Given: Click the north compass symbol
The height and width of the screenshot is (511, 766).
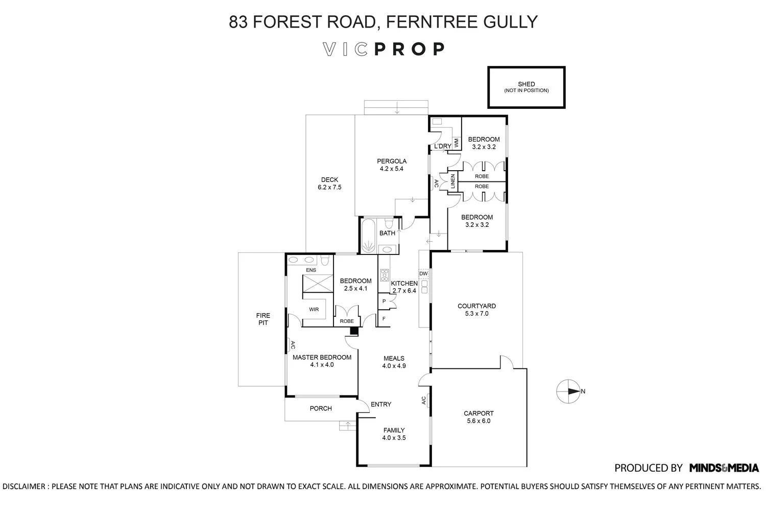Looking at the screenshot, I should [567, 391].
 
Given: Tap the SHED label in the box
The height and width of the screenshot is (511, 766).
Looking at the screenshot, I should [526, 84].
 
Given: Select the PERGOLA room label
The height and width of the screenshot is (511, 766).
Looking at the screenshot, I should [391, 161].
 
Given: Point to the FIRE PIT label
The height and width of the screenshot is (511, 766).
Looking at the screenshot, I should [263, 319].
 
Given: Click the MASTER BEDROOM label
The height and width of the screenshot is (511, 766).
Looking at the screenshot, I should [322, 358].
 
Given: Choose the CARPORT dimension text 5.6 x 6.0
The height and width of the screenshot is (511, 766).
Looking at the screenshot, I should [478, 421].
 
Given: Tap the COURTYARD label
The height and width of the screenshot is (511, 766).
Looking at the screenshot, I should [476, 307].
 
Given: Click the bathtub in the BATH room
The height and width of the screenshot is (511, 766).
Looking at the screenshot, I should [368, 236].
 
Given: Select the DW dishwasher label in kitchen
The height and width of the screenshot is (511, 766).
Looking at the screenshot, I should [423, 274].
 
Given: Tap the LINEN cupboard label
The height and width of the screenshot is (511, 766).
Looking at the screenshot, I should [452, 181].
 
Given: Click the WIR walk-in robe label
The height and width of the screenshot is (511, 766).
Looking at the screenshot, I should [314, 310].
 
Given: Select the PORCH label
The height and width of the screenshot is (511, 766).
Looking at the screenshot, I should [321, 408].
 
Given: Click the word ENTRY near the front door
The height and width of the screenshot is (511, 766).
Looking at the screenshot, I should [381, 404].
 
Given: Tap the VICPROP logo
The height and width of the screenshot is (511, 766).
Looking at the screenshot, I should [384, 49].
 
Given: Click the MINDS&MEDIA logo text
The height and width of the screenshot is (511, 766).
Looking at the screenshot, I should [724, 468].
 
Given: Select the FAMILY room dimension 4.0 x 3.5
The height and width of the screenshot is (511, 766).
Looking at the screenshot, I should [394, 438].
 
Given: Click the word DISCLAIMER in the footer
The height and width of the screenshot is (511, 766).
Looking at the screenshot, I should [25, 486].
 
